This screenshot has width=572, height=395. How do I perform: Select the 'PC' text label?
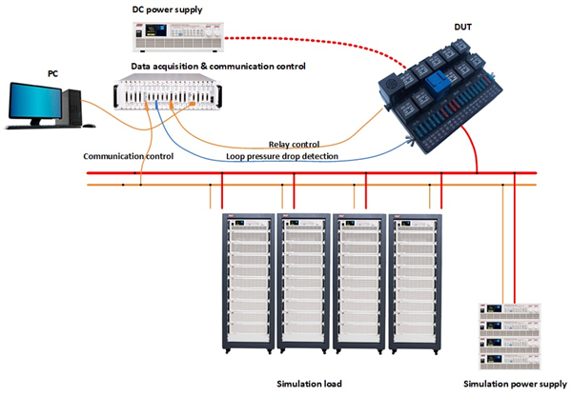[52, 72]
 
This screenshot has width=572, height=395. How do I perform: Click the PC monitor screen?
[34, 102]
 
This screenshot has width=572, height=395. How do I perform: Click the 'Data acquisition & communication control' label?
[218, 67]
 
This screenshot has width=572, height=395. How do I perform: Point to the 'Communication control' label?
[127, 155]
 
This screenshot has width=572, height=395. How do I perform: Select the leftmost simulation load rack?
[246, 282]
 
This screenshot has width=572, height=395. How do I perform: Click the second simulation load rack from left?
[302, 282]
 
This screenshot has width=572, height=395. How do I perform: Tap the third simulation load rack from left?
[357, 282]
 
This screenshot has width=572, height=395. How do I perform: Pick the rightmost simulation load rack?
[414, 282]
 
